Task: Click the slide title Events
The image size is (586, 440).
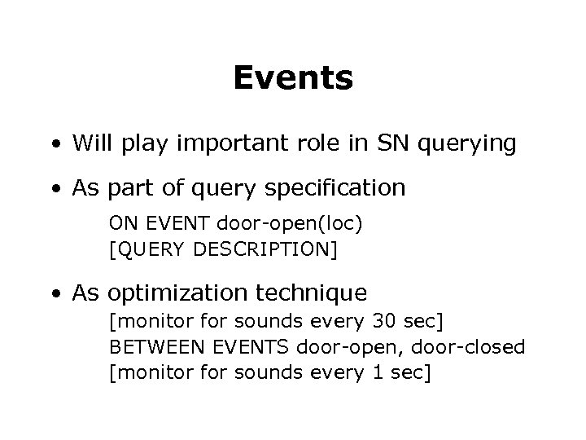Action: click(x=293, y=78)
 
